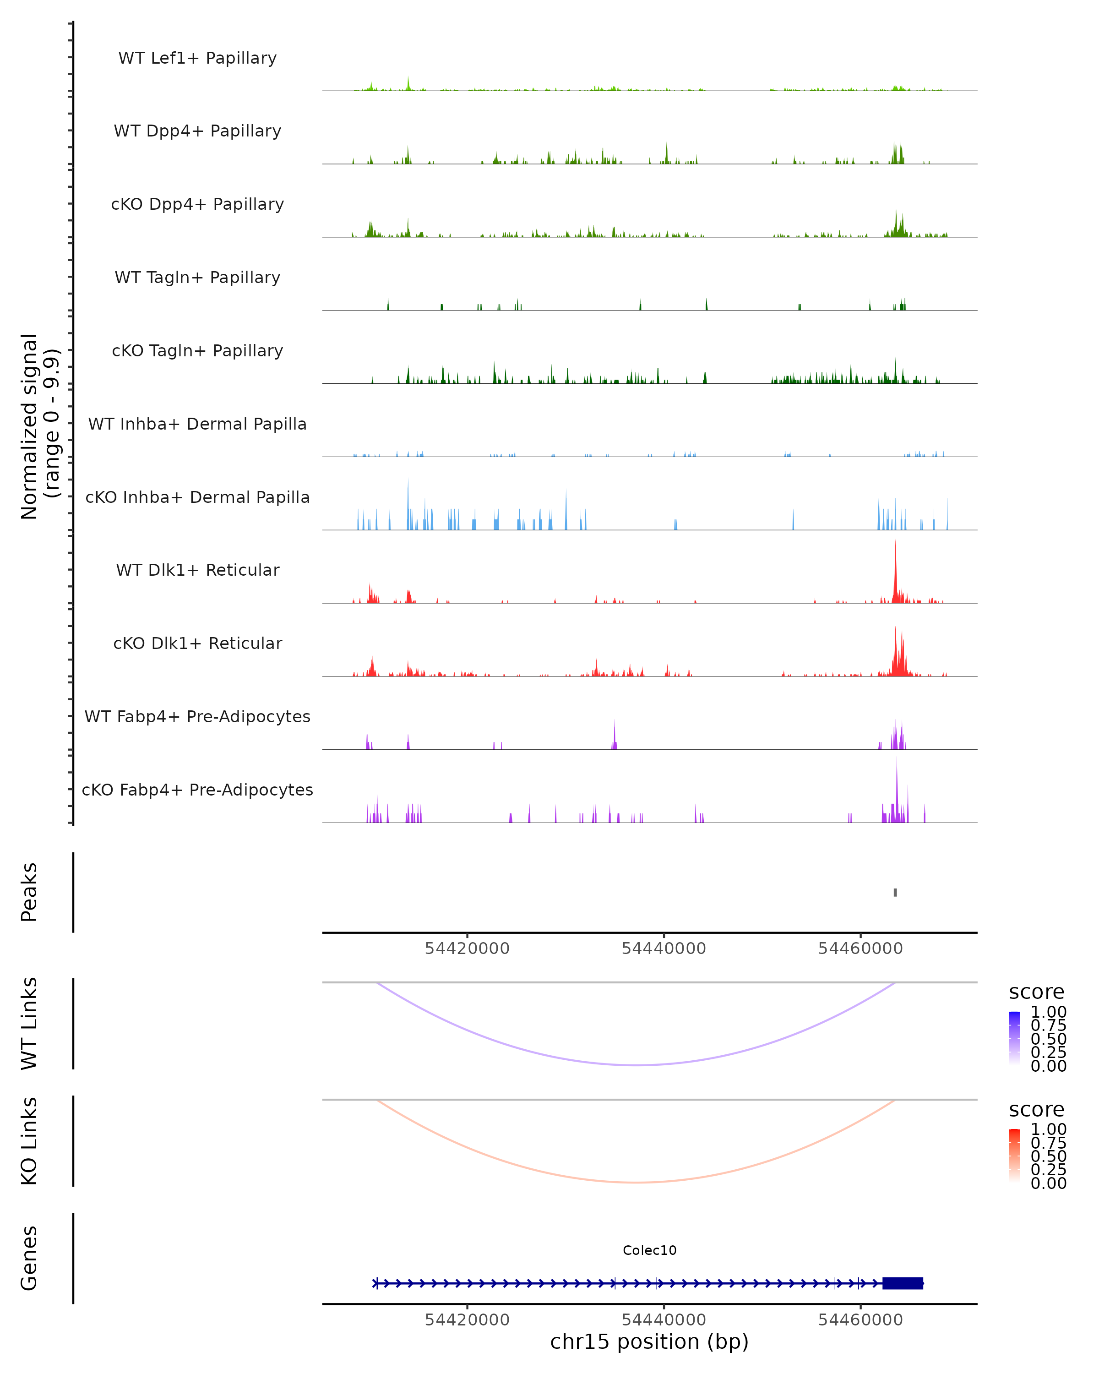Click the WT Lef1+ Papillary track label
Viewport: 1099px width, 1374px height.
tap(197, 58)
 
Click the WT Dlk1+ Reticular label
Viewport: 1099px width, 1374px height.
tap(197, 570)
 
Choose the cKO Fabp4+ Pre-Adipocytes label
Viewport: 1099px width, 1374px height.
tap(197, 790)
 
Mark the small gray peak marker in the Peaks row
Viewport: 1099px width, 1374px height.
tap(895, 892)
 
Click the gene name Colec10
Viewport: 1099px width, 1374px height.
tap(649, 1250)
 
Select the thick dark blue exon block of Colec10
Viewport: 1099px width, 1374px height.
tap(902, 1283)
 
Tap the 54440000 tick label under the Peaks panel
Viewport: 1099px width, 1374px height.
tap(664, 949)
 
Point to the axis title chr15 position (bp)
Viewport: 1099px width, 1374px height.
tap(649, 1341)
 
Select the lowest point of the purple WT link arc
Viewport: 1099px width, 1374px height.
tap(637, 1065)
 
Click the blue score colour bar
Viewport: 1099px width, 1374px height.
tap(1014, 1038)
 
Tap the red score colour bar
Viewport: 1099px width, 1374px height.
tap(1014, 1156)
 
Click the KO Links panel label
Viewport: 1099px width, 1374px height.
tap(29, 1141)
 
